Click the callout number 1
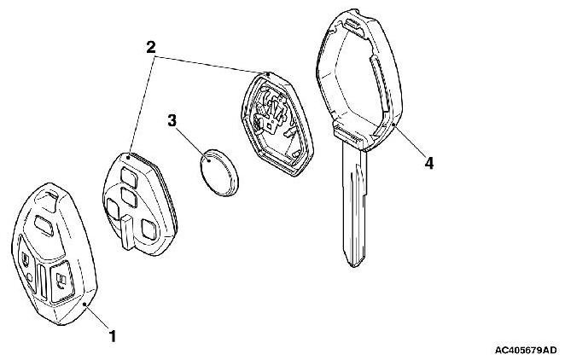point(112,335)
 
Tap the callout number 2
point(150,48)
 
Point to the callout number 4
point(429,162)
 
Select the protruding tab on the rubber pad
point(125,234)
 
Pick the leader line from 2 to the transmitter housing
point(213,64)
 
